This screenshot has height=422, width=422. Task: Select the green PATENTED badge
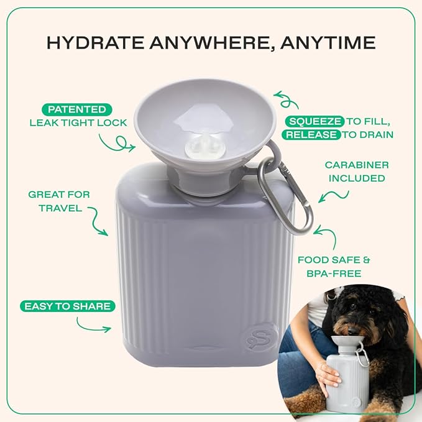pos(78,109)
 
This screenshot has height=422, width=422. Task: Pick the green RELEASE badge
pos(311,135)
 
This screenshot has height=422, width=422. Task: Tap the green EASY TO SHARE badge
pos(67,306)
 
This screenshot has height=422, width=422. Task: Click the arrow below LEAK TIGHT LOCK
pos(118,142)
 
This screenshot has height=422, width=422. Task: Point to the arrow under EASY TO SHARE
pos(94,324)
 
